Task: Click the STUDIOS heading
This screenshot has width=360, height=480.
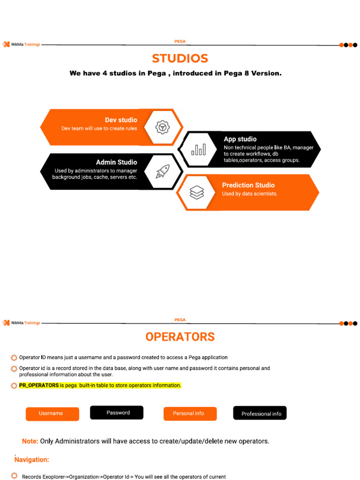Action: [x=180, y=59]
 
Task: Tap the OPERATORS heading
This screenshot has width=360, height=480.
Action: [x=180, y=337]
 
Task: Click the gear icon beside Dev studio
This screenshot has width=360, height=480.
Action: [x=162, y=127]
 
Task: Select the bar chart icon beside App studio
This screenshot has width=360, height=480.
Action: [x=198, y=150]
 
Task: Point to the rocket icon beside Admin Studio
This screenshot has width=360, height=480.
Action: [x=163, y=171]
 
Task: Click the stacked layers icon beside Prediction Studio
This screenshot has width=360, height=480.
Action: [x=196, y=192]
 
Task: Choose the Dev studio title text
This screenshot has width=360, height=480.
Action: [x=121, y=120]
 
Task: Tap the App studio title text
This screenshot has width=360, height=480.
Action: [x=240, y=139]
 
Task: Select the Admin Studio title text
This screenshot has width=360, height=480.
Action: [x=116, y=162]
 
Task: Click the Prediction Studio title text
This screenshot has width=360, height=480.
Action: [x=248, y=185]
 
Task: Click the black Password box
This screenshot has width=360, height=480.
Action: [x=117, y=412]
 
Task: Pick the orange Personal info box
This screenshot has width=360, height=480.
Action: [x=190, y=413]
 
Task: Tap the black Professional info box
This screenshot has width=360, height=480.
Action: [x=260, y=413]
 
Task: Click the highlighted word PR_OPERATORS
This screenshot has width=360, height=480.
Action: [x=38, y=385]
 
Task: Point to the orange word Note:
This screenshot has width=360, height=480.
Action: [x=30, y=441]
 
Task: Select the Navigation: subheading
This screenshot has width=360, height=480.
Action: [x=32, y=460]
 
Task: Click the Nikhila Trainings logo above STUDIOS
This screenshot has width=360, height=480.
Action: [x=22, y=45]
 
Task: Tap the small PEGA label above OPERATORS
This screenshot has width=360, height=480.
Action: [x=180, y=320]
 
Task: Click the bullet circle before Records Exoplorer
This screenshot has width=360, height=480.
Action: [x=15, y=476]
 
